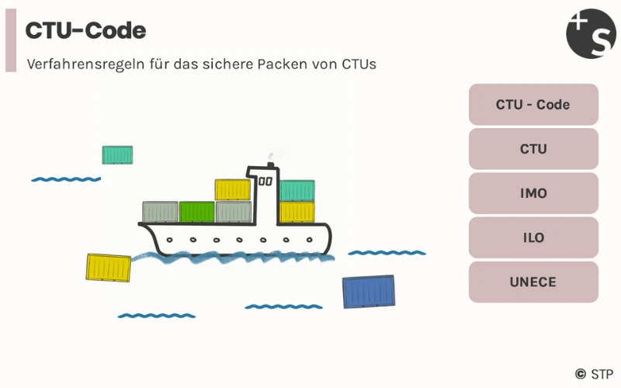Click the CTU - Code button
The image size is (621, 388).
pyautogui.click(x=533, y=105)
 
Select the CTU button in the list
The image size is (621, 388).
pyautogui.click(x=533, y=149)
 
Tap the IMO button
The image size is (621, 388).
pyautogui.click(x=533, y=193)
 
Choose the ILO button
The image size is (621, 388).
pyautogui.click(x=533, y=237)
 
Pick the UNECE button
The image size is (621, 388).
pyautogui.click(x=533, y=282)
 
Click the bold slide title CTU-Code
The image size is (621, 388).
pyautogui.click(x=85, y=31)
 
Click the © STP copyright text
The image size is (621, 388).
pyautogui.click(x=594, y=373)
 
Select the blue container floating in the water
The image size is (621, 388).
pyautogui.click(x=369, y=292)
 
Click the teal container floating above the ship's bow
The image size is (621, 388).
pyautogui.click(x=117, y=155)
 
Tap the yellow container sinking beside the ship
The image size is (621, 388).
pyautogui.click(x=109, y=268)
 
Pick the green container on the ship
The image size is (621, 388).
pyautogui.click(x=197, y=212)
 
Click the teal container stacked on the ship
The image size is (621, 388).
pyautogui.click(x=297, y=191)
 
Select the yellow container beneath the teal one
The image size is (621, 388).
pyautogui.click(x=297, y=212)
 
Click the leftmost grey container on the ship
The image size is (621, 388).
pyautogui.click(x=161, y=212)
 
